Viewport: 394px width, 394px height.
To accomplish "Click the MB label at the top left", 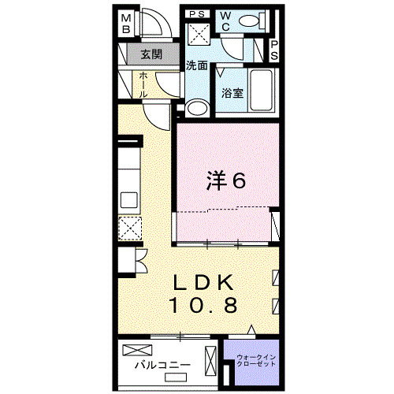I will [126, 24].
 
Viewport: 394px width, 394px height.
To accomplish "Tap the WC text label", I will [225, 20].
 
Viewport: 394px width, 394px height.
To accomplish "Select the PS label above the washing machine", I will [198, 13].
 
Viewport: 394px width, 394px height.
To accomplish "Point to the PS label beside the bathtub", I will [274, 51].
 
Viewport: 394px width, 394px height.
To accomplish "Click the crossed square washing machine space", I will [199, 34].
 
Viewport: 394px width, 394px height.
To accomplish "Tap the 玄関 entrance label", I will [151, 54].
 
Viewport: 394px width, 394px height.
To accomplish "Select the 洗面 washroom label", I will [197, 65].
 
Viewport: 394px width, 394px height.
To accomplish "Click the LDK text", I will [203, 282].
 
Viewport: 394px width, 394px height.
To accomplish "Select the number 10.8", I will [203, 305].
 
